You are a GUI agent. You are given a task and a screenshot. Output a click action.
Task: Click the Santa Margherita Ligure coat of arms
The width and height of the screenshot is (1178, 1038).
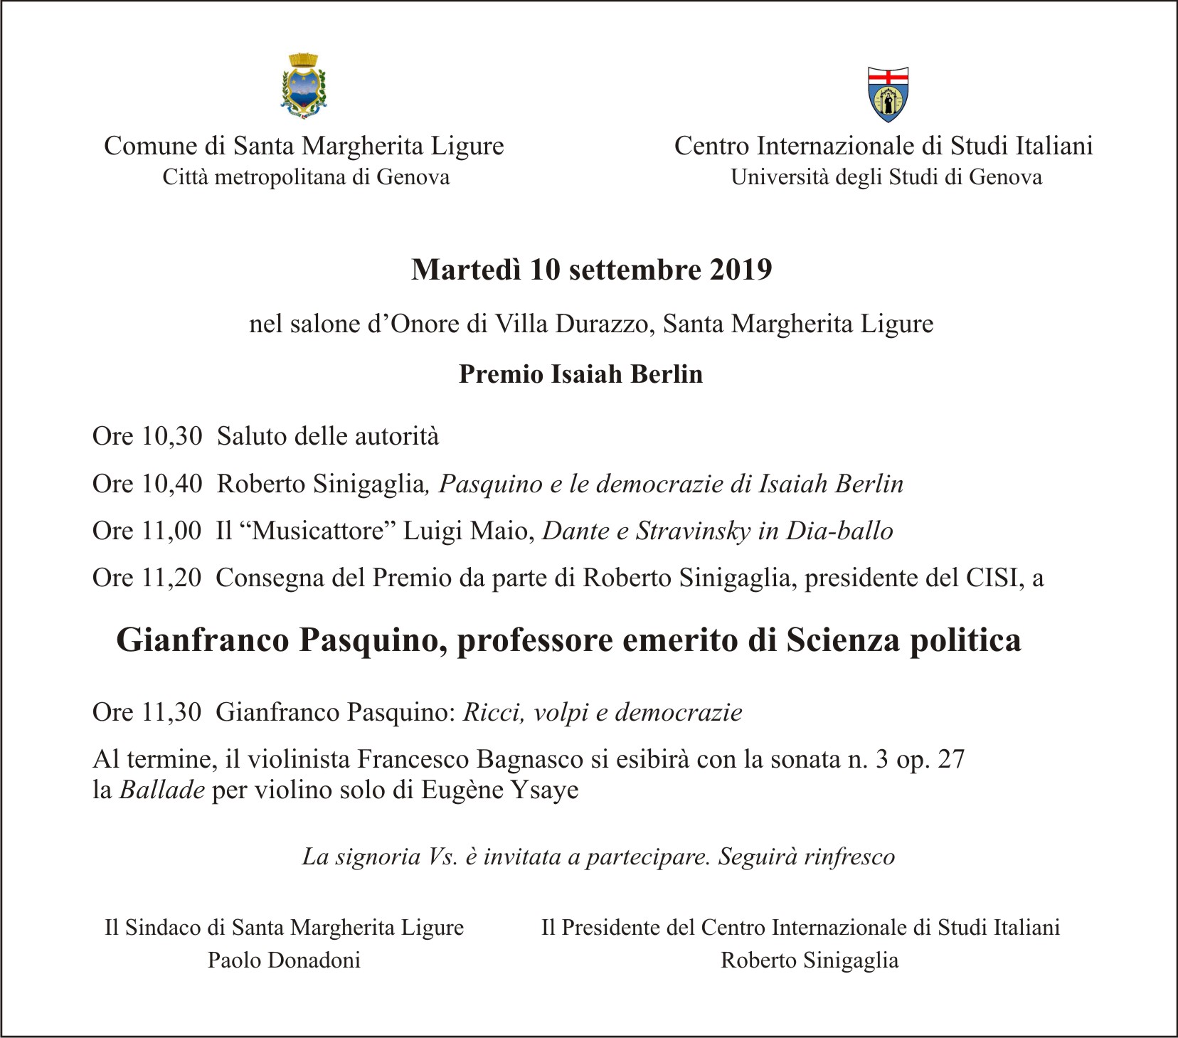coord(304,85)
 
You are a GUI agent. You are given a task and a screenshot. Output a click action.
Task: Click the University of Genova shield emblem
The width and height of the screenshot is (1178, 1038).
coord(888,94)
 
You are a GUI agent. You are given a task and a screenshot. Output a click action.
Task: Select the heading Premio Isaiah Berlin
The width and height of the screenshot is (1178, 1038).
coord(580,374)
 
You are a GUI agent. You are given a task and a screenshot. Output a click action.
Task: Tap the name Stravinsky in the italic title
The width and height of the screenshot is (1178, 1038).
coord(694,531)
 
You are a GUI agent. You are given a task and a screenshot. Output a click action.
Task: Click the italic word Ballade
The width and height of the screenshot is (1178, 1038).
coord(162,790)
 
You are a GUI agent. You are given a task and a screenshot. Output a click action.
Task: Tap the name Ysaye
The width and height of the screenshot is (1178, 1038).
coord(546,790)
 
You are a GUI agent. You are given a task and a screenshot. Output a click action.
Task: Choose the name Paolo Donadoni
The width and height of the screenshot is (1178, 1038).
coord(284,960)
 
